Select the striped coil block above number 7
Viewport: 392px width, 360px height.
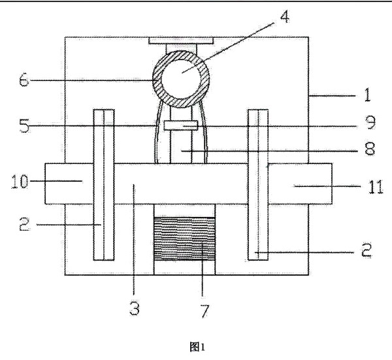pos(184,239)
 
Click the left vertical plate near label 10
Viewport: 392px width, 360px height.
pos(105,183)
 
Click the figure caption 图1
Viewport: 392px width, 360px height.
pos(196,348)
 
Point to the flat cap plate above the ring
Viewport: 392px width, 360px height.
pos(182,41)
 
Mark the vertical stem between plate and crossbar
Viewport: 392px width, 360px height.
pos(182,148)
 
